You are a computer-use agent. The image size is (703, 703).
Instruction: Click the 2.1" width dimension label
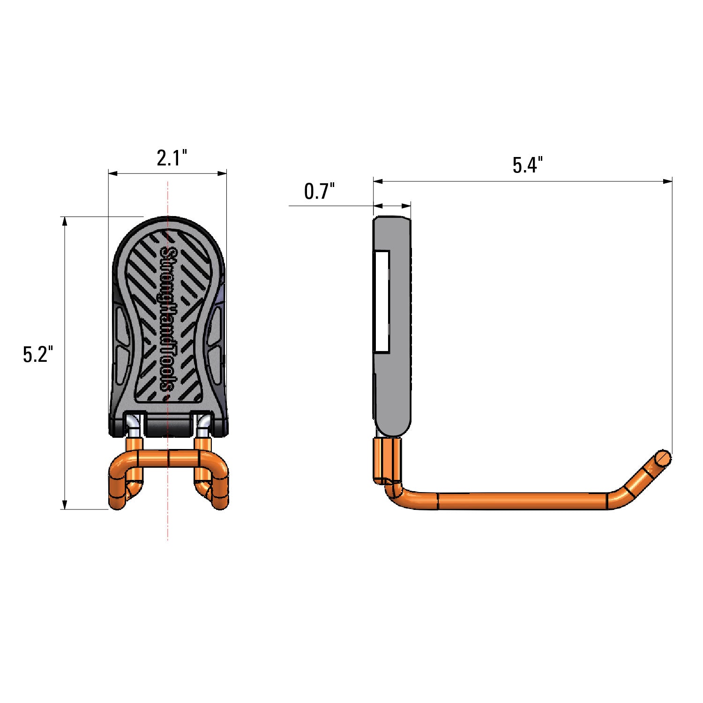(172, 158)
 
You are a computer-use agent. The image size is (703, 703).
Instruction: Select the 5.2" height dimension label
(36, 354)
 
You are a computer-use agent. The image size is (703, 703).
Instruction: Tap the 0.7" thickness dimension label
(319, 192)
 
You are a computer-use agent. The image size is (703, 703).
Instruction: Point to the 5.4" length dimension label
(527, 165)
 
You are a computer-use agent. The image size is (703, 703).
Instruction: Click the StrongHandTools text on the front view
(168, 319)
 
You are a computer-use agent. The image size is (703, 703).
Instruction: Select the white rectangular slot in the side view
(382, 301)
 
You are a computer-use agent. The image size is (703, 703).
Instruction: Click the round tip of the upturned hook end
(663, 457)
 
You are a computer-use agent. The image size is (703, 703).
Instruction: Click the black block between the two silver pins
(168, 426)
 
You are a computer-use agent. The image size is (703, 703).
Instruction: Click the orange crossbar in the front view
(168, 457)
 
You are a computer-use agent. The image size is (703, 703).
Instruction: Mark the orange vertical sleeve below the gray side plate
(387, 457)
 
